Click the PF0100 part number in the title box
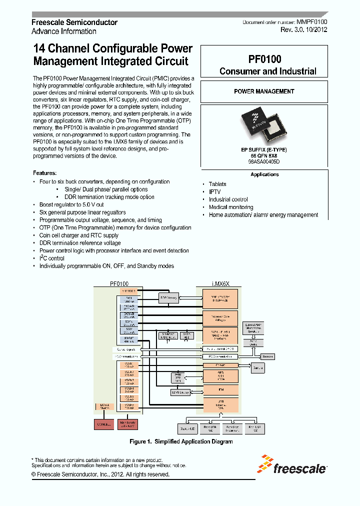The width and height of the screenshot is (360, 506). pyautogui.click(x=264, y=59)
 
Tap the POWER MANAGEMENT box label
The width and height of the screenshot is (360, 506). pyautogui.click(x=264, y=91)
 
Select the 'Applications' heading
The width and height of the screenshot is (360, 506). pyautogui.click(x=264, y=174)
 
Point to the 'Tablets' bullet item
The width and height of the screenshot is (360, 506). pyautogui.click(x=217, y=184)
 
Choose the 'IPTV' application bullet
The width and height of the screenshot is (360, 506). pyautogui.click(x=214, y=192)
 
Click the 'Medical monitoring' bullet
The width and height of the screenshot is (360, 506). pyautogui.click(x=231, y=207)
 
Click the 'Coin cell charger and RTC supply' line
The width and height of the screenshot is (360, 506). pyautogui.click(x=79, y=235)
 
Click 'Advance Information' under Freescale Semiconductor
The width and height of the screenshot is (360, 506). pyautogui.click(x=64, y=31)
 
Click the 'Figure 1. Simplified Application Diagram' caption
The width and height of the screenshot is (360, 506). pyautogui.click(x=181, y=441)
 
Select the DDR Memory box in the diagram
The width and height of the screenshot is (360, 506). pyautogui.click(x=168, y=298)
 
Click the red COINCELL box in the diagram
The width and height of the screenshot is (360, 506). pyautogui.click(x=104, y=424)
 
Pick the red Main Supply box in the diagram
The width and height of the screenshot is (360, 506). pyautogui.click(x=127, y=424)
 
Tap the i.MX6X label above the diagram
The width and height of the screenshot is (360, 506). pyautogui.click(x=220, y=283)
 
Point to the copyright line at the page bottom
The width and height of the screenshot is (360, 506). pyautogui.click(x=100, y=474)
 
